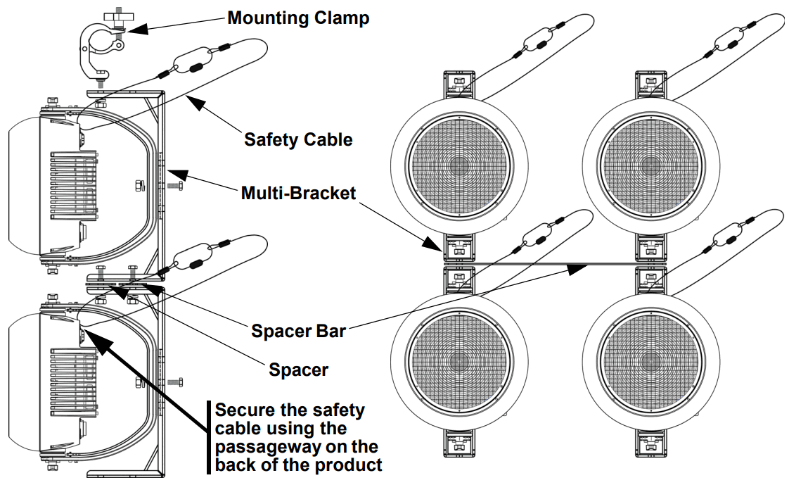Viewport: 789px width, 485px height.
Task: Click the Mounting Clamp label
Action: click(298, 18)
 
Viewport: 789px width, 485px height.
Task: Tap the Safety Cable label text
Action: click(298, 139)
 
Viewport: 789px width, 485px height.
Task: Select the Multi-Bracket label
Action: click(298, 193)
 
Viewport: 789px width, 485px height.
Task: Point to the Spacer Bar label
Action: click(298, 331)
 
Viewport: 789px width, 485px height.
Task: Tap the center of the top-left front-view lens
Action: click(459, 166)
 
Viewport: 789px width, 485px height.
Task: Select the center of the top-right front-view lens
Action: click(650, 166)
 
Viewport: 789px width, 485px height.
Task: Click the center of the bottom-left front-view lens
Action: click(459, 362)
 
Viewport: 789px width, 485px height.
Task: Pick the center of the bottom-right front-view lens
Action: click(650, 362)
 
